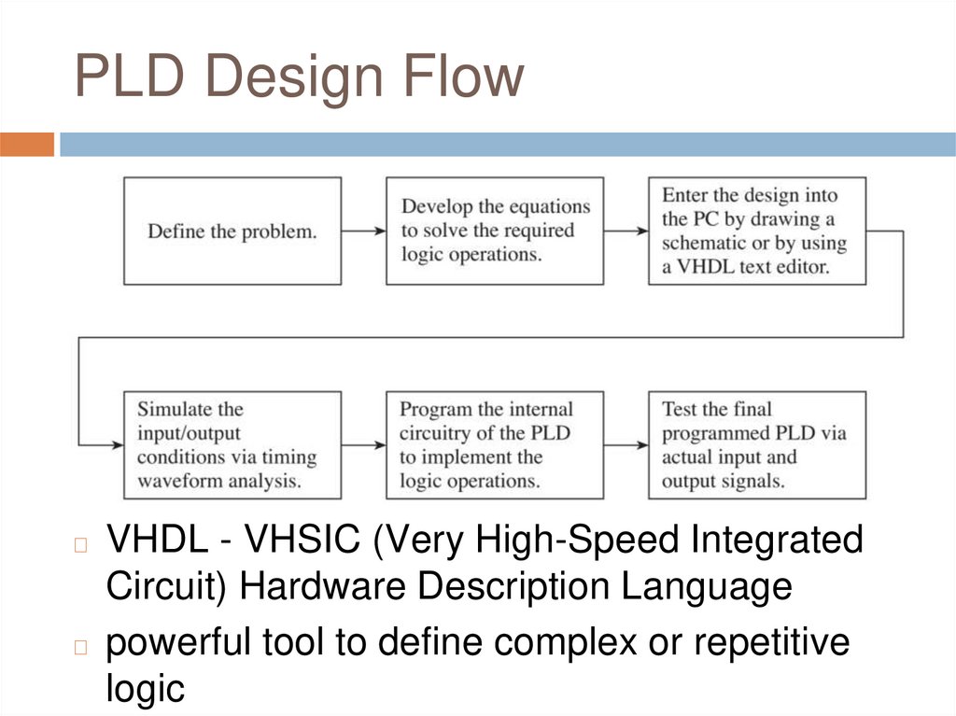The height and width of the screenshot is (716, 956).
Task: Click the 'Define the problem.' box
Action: point(232,231)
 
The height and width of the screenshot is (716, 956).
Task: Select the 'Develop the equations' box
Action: point(495,231)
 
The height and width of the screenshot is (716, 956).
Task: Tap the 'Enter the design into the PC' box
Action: point(757,231)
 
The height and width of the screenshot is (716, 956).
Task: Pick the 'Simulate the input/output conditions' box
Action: point(232,445)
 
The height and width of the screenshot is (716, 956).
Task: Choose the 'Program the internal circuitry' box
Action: point(495,445)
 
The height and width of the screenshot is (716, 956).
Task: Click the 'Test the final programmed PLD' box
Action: point(757,445)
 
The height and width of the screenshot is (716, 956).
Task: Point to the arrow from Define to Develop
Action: point(363,231)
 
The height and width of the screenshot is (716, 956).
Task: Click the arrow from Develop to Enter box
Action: point(626,231)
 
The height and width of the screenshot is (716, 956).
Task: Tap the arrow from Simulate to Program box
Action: point(363,445)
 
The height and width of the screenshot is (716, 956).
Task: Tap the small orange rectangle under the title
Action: point(27,145)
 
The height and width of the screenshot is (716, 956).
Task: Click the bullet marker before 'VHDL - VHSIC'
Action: point(80,544)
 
